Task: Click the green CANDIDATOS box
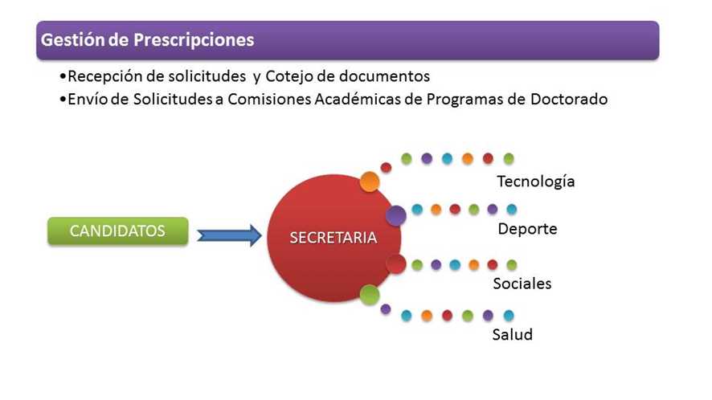click(118, 231)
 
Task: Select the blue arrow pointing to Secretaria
click(229, 235)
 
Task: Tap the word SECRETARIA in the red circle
click(333, 238)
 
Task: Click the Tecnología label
click(536, 182)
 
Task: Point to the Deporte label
click(527, 229)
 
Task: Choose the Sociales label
click(522, 284)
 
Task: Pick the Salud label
click(512, 335)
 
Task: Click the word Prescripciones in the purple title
click(194, 40)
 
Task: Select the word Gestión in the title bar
click(72, 39)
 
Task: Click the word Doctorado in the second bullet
click(569, 99)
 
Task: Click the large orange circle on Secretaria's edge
click(370, 182)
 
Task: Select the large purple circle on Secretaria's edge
click(396, 215)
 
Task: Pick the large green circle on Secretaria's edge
click(370, 295)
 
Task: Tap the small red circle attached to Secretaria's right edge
click(396, 264)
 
